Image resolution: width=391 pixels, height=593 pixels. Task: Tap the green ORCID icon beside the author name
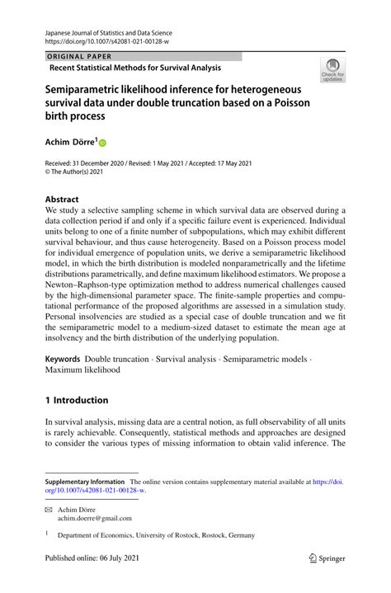[103, 143]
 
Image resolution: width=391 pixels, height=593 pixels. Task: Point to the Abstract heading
[62, 200]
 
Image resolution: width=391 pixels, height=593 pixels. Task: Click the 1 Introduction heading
[77, 400]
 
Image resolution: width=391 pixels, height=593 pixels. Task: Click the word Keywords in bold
[63, 359]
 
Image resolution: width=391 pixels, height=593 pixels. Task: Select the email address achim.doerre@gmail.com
[93, 518]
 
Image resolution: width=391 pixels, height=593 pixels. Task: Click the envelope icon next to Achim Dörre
[48, 509]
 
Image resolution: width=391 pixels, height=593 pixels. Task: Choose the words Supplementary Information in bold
[85, 481]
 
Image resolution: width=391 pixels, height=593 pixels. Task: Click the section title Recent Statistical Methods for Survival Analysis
[135, 67]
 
